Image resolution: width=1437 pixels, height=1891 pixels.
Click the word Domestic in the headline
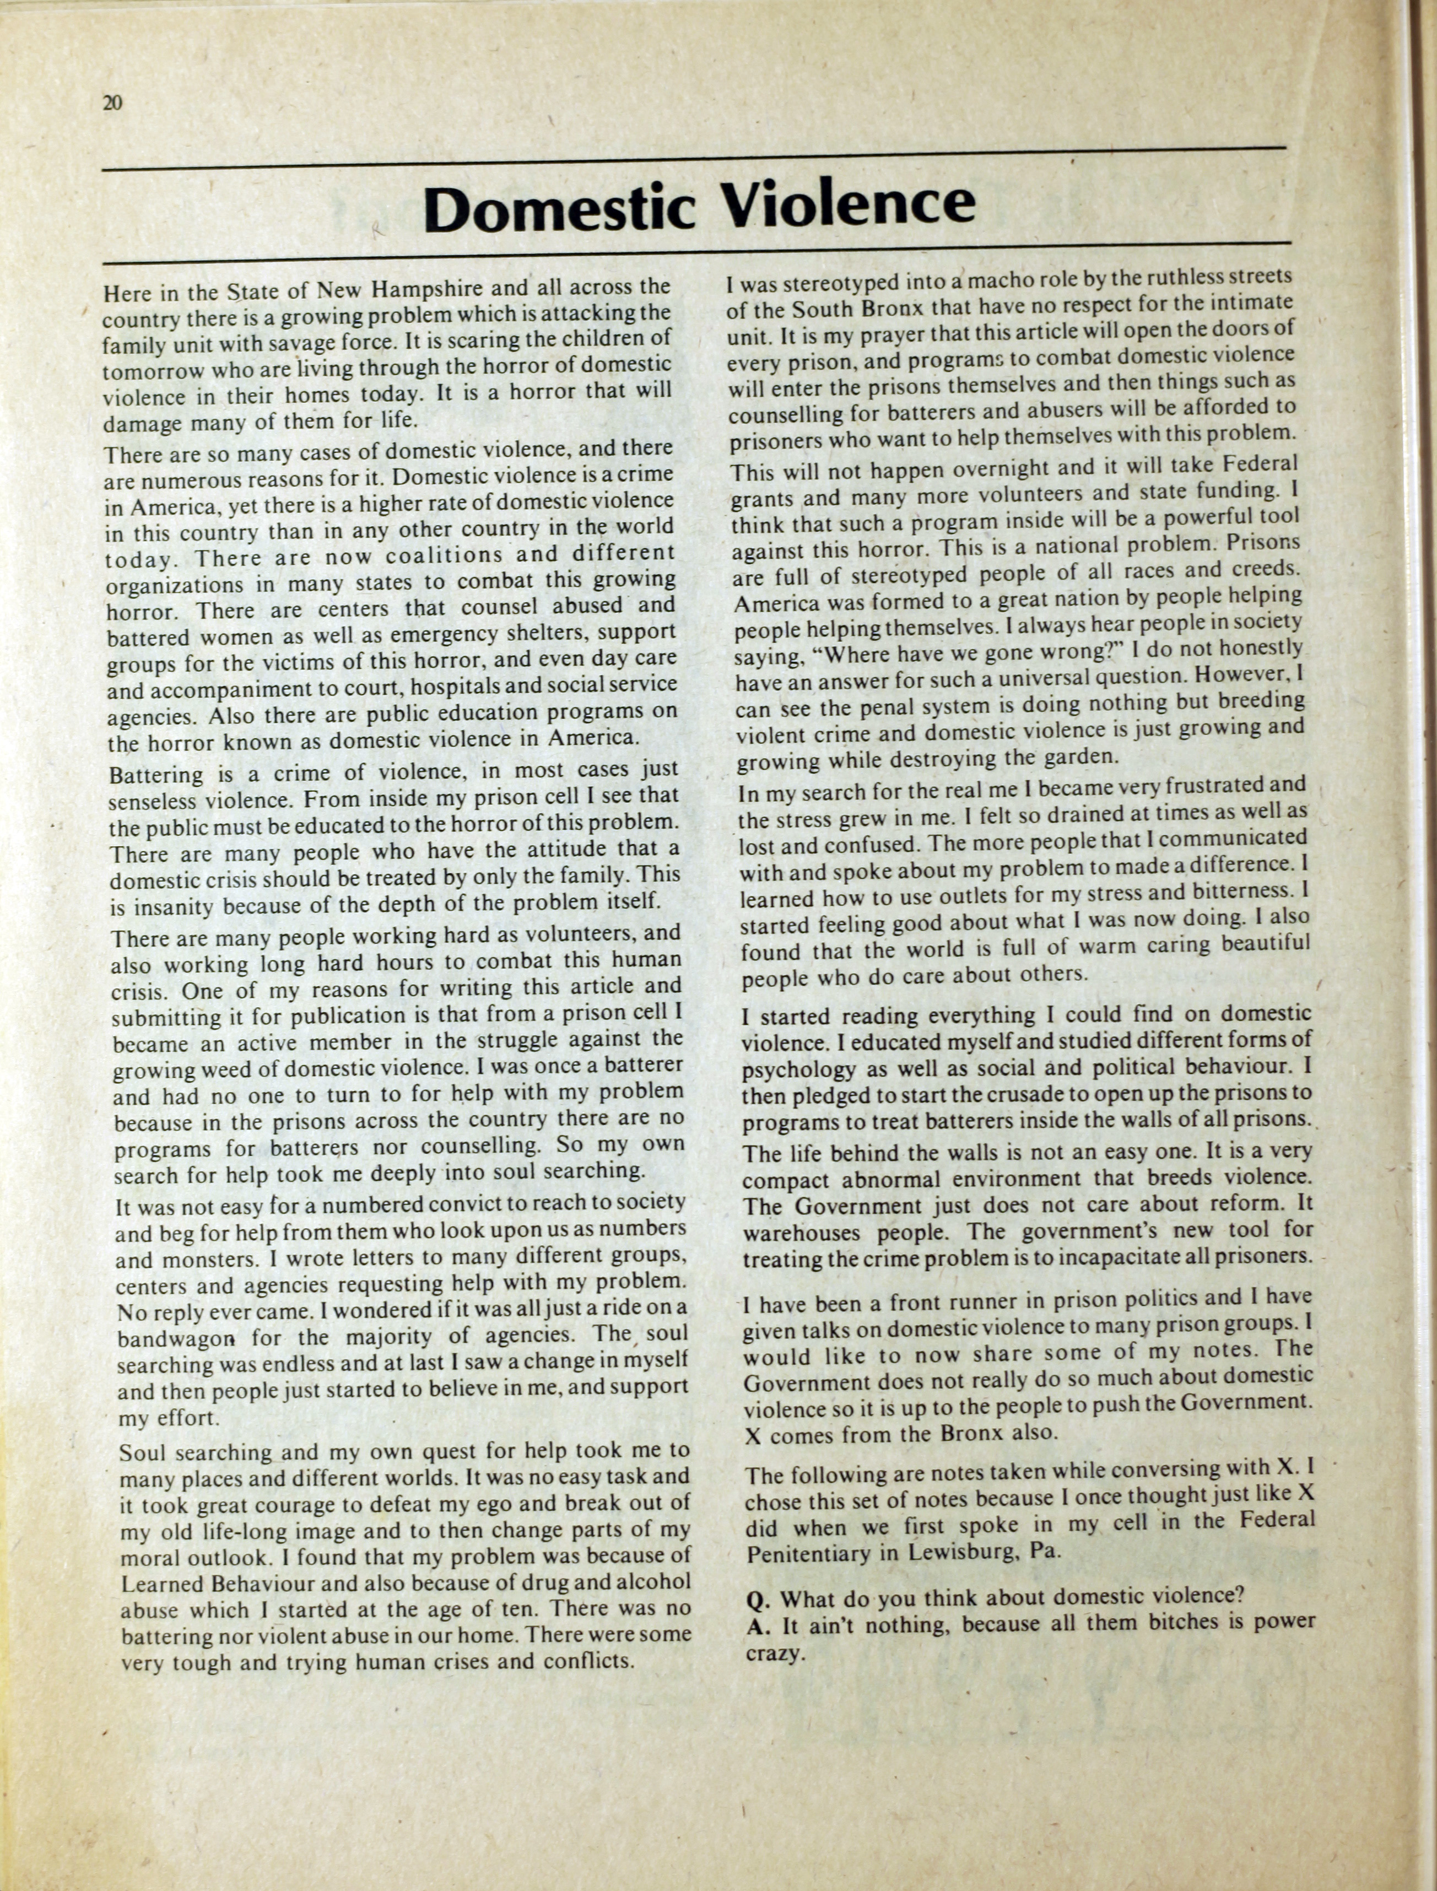pyautogui.click(x=559, y=207)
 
